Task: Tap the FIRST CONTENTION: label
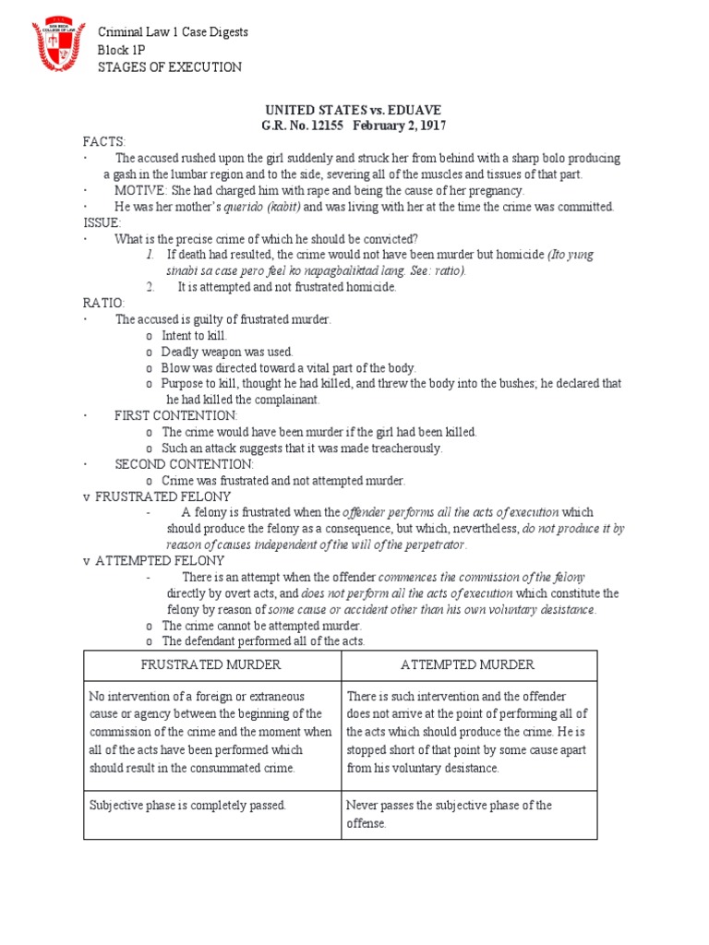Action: pos(176,415)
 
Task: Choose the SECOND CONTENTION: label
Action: pos(184,464)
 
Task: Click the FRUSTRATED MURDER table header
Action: pos(211,665)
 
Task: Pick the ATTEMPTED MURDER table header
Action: pos(468,665)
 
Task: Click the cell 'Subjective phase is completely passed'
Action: pos(187,806)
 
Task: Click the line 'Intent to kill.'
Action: pos(194,335)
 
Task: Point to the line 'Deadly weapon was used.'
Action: pos(227,352)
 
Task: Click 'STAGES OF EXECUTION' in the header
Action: pos(170,67)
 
